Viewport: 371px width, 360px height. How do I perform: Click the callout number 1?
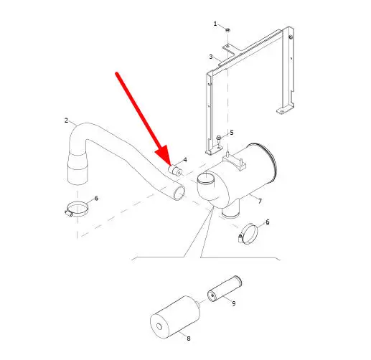(215, 24)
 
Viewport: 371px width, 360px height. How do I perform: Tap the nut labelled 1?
(227, 30)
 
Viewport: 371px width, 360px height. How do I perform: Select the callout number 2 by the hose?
(66, 120)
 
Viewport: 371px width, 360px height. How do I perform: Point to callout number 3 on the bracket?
(211, 57)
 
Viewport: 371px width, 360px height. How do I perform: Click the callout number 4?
(185, 160)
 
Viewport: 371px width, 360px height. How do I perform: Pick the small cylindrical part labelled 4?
(175, 170)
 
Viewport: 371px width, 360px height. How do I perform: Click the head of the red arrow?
(164, 156)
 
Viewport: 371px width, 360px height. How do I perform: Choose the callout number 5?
(232, 133)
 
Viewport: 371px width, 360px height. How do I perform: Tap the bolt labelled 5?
(219, 138)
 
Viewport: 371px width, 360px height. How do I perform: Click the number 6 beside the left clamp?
(96, 198)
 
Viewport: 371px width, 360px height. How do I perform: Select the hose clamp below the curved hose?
(77, 209)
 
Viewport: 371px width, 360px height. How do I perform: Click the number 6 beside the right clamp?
(268, 222)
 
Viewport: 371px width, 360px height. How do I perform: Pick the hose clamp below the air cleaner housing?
(248, 234)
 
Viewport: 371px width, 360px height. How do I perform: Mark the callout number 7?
(260, 202)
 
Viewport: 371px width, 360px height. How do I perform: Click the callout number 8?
(189, 338)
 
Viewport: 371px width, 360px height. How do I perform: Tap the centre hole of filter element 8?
(159, 326)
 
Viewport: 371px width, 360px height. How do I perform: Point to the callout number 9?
(234, 303)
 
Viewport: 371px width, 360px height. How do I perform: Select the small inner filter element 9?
(225, 288)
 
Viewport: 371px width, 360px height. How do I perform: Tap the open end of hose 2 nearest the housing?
(179, 192)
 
